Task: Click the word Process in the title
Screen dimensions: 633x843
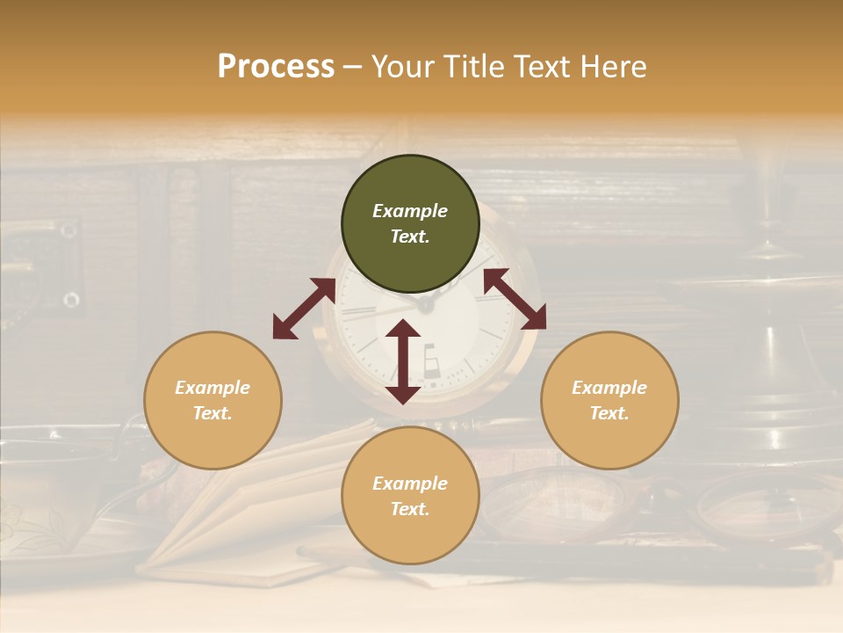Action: (276, 67)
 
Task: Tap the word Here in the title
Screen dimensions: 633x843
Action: (611, 67)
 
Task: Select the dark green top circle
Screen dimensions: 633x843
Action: (410, 224)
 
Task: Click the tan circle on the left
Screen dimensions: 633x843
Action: (213, 400)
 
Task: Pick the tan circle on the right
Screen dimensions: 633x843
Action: (609, 400)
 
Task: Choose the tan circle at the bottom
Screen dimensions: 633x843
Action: (410, 496)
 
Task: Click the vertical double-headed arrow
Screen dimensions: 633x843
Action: (403, 361)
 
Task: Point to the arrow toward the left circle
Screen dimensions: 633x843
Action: (304, 309)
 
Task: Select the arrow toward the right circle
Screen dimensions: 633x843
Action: (515, 299)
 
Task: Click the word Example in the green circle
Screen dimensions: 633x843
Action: (410, 211)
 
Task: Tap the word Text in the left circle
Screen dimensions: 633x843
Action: (213, 413)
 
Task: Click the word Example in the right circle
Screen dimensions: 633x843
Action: (609, 388)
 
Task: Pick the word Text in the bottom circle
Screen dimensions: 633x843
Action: (410, 509)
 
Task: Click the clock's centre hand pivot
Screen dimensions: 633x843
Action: (426, 305)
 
